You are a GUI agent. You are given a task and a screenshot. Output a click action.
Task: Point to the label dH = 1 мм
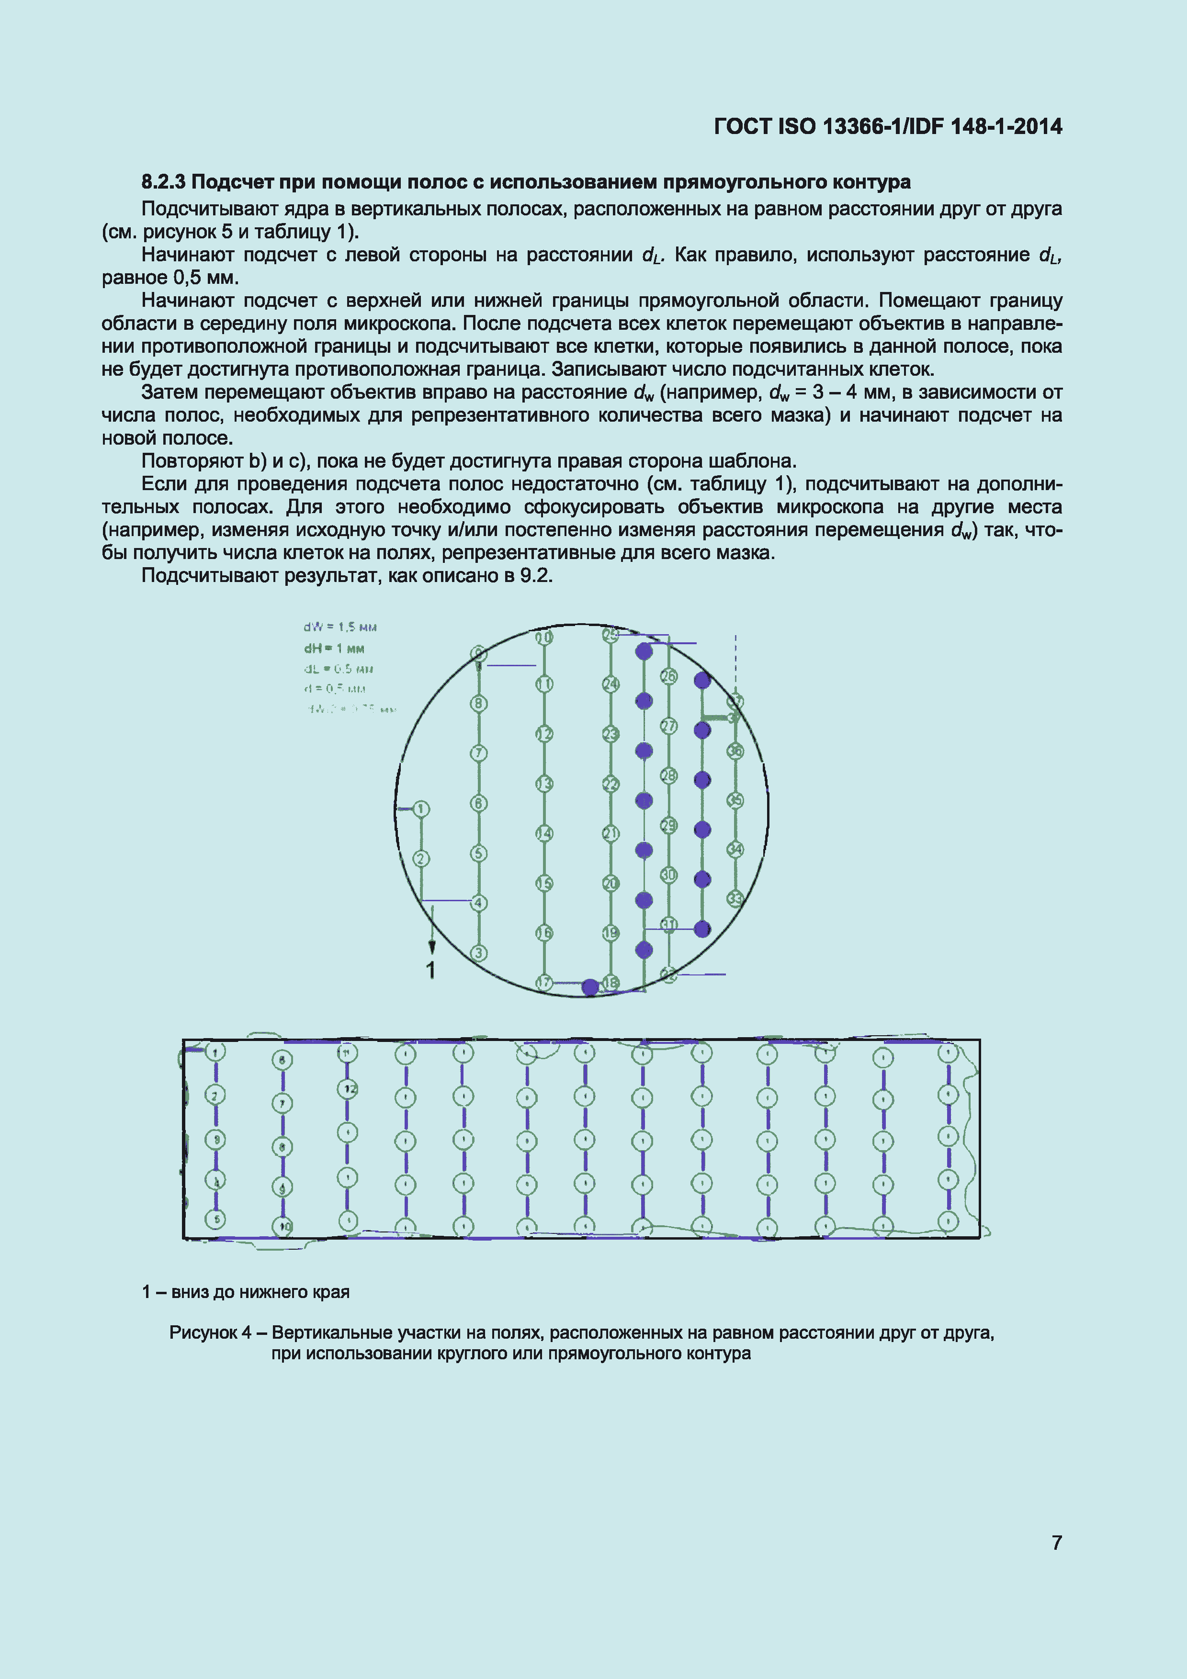[x=334, y=649]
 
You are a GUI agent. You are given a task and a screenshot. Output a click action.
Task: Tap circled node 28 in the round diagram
[x=668, y=776]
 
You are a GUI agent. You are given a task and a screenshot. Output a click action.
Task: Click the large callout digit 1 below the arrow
[x=431, y=970]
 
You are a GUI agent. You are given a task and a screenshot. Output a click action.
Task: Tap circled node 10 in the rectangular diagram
[x=283, y=1226]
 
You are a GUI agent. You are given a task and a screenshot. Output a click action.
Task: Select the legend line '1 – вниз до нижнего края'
[x=246, y=1292]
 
